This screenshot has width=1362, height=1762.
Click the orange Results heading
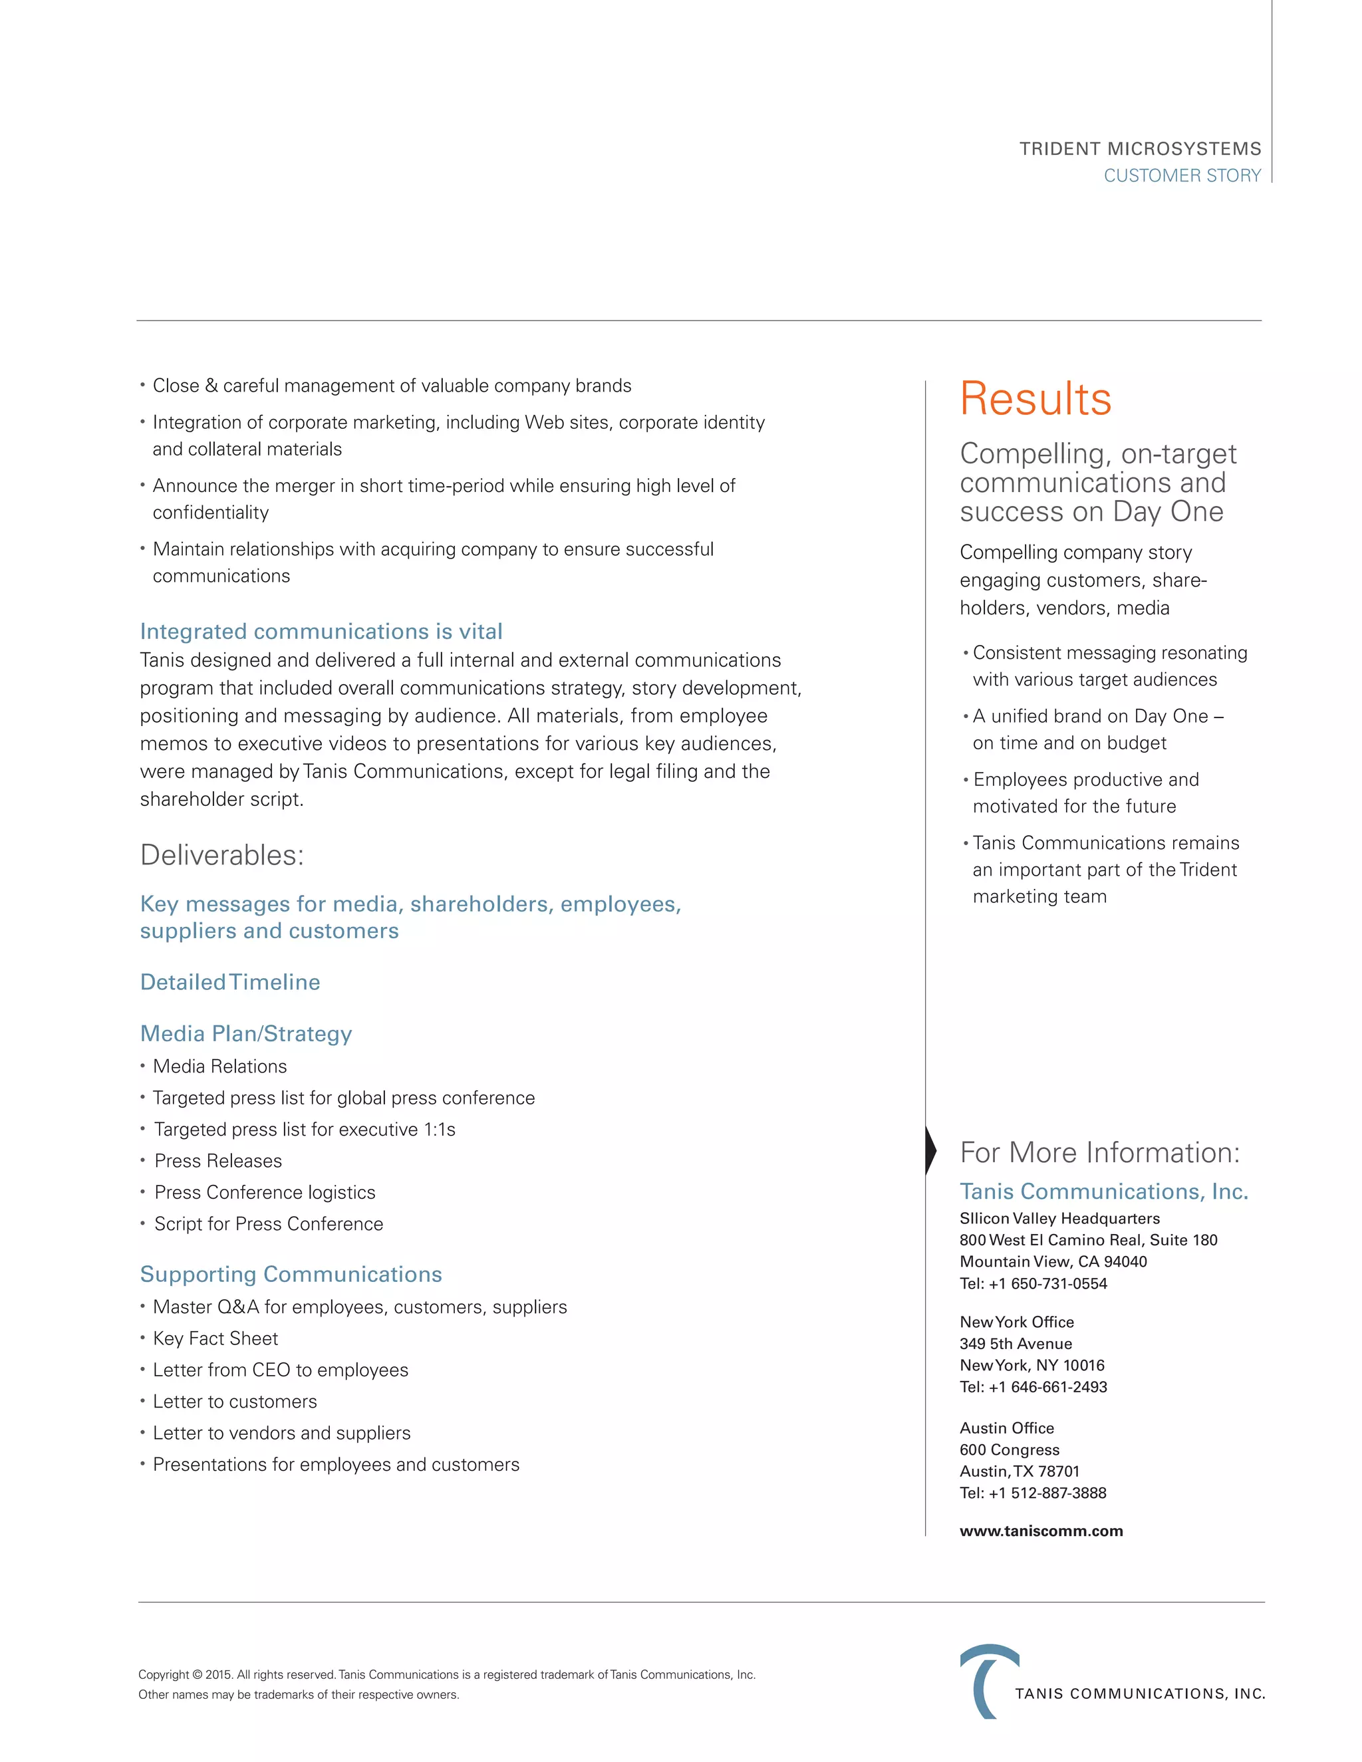coord(1035,400)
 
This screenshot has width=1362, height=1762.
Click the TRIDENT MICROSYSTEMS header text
coord(1139,149)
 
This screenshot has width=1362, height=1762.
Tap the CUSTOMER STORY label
coord(1181,176)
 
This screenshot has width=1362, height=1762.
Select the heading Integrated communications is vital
coord(321,631)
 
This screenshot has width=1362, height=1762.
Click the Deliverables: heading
coord(222,855)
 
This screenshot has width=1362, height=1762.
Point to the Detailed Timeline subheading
coord(230,982)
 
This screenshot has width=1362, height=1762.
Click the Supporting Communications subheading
coord(291,1274)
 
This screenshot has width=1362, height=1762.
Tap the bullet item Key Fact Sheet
coord(215,1338)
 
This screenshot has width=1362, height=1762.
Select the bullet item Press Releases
coord(218,1161)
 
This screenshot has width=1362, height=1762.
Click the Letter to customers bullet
coord(235,1402)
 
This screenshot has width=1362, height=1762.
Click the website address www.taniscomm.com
coord(1041,1531)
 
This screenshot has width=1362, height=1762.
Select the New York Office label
coord(1017,1322)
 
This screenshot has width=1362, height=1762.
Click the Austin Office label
coord(1006,1428)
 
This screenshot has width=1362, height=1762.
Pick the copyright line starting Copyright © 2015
coord(446,1675)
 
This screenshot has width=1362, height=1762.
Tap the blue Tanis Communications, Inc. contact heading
coord(1103,1192)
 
